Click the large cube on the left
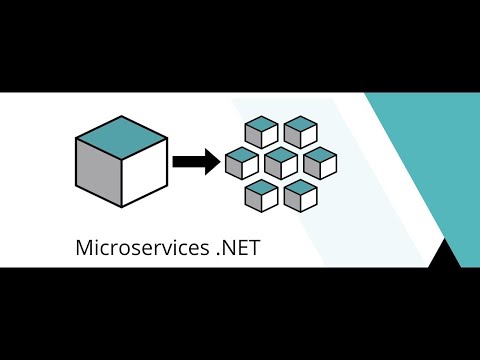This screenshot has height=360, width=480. pyautogui.click(x=121, y=163)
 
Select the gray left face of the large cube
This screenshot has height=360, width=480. pyautogui.click(x=98, y=175)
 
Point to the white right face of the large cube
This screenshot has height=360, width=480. pyautogui.click(x=143, y=175)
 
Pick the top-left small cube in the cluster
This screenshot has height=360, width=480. pyautogui.click(x=261, y=132)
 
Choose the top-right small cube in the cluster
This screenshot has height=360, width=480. pyautogui.click(x=300, y=132)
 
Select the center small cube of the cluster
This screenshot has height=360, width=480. pyautogui.click(x=281, y=163)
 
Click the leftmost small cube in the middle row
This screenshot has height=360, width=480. pyautogui.click(x=242, y=163)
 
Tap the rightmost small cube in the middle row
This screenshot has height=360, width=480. pyautogui.click(x=319, y=163)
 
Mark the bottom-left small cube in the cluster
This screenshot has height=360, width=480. pyautogui.click(x=261, y=194)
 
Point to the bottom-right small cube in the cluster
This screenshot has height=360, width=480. pyautogui.click(x=300, y=194)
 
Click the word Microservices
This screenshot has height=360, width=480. pyautogui.click(x=140, y=247)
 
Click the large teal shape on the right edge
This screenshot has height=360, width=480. pyautogui.click(x=440, y=160)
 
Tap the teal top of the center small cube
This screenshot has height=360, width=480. pyautogui.click(x=281, y=154)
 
